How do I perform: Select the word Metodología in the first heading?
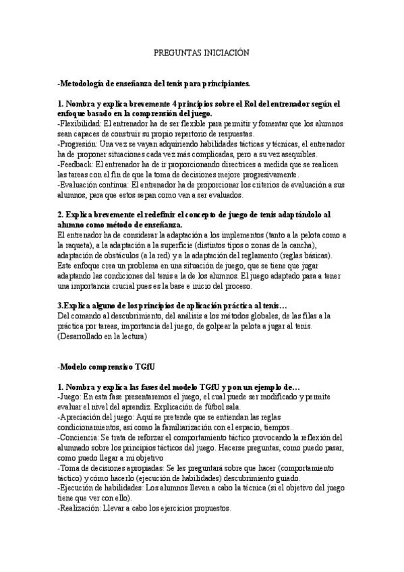tap(84, 84)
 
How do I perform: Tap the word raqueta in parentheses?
tap(82, 246)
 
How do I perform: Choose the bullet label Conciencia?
tap(80, 438)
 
